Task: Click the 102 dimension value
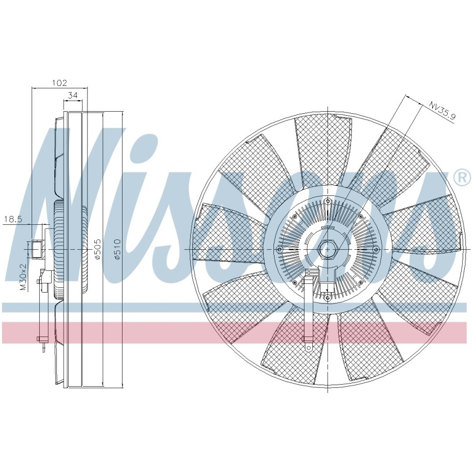59,82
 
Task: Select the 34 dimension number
73,96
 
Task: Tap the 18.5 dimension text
13,219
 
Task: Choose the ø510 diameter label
117,249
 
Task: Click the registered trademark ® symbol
464,178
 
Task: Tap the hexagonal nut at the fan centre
328,250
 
